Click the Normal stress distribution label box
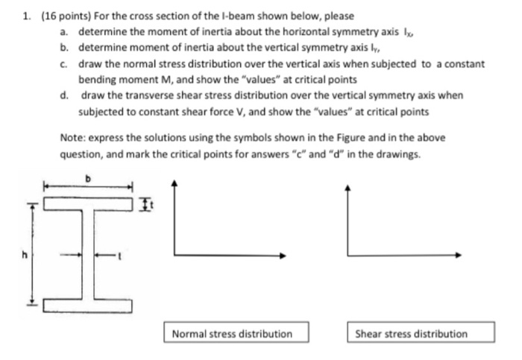point(232,333)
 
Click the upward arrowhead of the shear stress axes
point(348,184)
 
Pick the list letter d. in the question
point(66,96)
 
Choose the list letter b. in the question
point(66,48)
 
